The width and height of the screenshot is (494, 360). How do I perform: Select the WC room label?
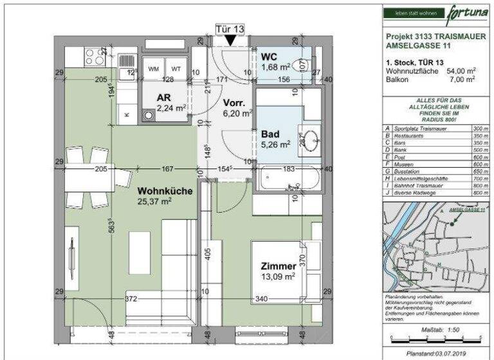268,55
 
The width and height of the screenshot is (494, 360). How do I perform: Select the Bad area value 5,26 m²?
277,145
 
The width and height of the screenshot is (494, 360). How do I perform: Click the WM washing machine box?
154,68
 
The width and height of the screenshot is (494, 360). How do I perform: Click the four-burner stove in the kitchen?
95,57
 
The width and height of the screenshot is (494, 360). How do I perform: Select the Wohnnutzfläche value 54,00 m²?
462,71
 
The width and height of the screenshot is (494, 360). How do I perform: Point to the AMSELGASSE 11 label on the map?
467,210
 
